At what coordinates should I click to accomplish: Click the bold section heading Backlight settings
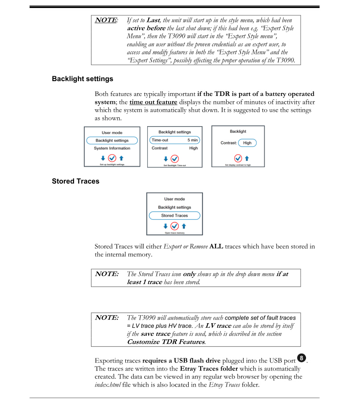pyautogui.click(x=82, y=79)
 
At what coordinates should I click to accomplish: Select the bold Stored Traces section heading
pyautogui.click(x=75, y=181)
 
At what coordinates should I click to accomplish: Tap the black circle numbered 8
pyautogui.click(x=302, y=358)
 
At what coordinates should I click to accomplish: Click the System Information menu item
pyautogui.click(x=112, y=148)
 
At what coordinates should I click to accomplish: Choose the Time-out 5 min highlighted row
pyautogui.click(x=174, y=140)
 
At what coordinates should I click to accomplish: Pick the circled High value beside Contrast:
pyautogui.click(x=247, y=143)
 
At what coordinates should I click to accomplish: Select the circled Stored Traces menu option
pyautogui.click(x=174, y=216)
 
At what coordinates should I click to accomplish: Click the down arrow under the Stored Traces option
pyautogui.click(x=166, y=226)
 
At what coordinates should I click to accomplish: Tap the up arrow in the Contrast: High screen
pyautogui.click(x=247, y=158)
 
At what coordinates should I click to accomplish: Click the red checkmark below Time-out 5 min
pyautogui.click(x=174, y=158)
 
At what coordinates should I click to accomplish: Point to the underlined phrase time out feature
pyautogui.click(x=153, y=102)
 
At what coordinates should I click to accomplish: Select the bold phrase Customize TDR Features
pyautogui.click(x=166, y=342)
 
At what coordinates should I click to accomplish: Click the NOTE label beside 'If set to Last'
pyautogui.click(x=106, y=20)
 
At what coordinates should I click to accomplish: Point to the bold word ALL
pyautogui.click(x=216, y=247)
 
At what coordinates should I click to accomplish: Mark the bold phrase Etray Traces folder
pyautogui.click(x=211, y=369)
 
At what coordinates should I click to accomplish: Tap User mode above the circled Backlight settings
pyautogui.click(x=112, y=132)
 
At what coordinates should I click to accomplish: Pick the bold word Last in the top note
pyautogui.click(x=153, y=20)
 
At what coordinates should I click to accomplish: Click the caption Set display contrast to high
pyautogui.click(x=238, y=165)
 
